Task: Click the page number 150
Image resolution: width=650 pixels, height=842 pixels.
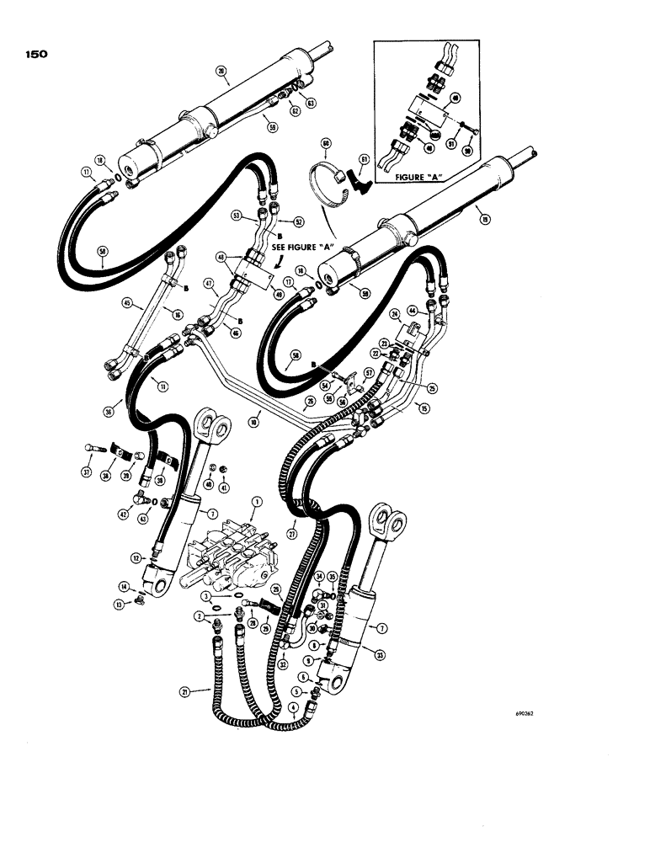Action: [x=35, y=54]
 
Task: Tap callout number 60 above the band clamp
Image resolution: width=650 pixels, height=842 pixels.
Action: [x=326, y=143]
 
